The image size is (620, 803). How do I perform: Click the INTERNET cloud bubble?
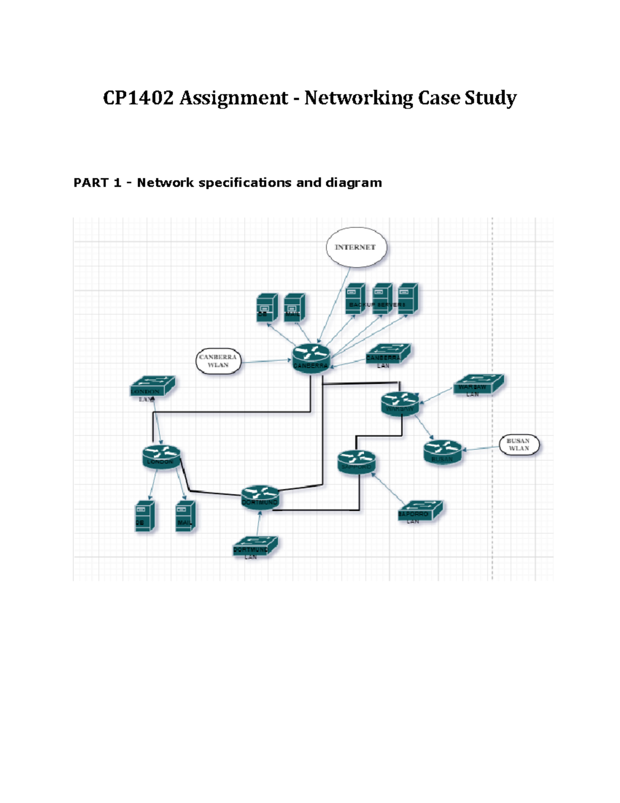356,248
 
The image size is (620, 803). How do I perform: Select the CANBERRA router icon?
311,357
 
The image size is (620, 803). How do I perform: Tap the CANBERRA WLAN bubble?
218,361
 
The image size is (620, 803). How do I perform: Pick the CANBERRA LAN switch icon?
388,354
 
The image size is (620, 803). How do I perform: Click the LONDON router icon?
161,457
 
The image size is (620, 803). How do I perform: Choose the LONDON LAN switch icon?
152,387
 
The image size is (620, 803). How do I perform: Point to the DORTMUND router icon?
260,497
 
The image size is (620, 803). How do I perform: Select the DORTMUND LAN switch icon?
255,546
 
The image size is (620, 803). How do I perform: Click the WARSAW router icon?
400,403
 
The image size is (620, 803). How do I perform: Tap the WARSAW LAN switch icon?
478,385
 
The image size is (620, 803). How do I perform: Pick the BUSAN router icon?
442,452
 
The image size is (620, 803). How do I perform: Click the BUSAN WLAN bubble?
519,445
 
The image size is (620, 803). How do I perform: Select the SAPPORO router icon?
357,462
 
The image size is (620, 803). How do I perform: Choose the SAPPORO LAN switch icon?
420,510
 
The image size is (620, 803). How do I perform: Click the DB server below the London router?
145,516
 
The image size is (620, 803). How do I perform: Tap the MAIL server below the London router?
185,516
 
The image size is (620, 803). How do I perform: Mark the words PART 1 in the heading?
97,183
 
